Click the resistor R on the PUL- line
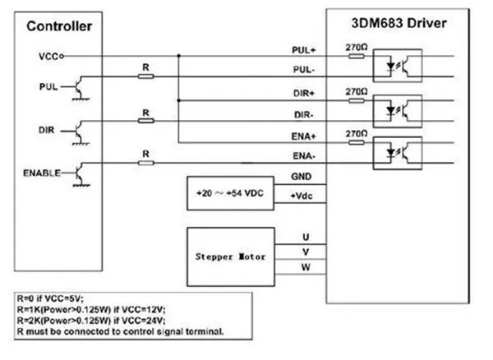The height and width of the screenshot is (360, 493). tap(145, 76)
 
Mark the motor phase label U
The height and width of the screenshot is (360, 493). tap(305, 235)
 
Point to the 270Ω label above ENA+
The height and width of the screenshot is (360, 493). tap(355, 132)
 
